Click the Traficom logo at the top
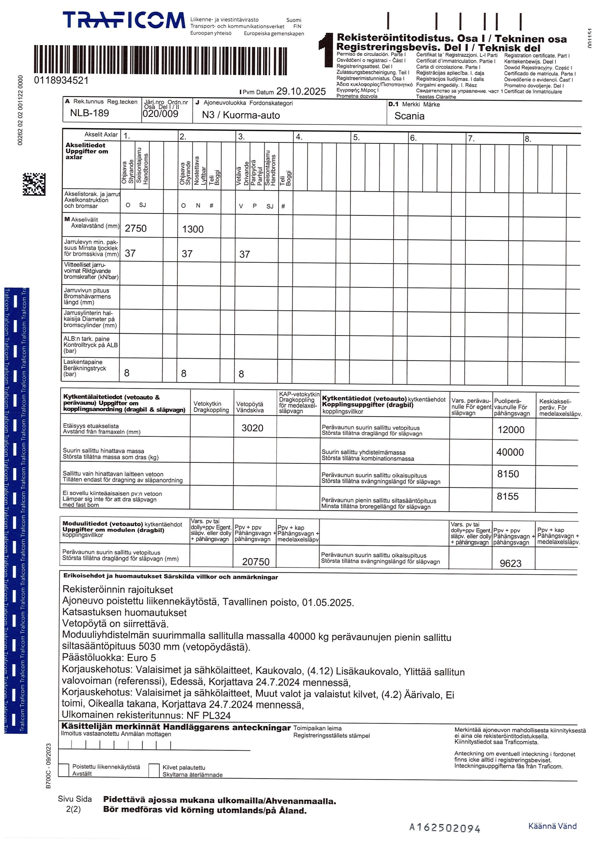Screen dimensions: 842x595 coord(124,20)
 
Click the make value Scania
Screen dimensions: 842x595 coord(409,116)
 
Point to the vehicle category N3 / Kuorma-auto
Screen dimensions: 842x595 coord(241,115)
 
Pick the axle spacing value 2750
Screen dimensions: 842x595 coord(136,229)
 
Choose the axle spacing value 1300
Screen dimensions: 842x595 coord(193,229)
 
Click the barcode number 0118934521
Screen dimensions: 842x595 coord(61,80)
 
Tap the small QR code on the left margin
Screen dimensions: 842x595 coord(34,184)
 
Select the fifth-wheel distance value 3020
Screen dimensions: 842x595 coord(252,428)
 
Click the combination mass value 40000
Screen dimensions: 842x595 coord(510,452)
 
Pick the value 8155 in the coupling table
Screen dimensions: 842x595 coord(508,497)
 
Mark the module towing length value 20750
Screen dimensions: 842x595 coord(255,562)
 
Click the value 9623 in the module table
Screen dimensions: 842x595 coord(510,563)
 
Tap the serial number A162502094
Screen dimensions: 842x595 coord(444,828)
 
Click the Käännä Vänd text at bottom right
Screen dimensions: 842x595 coord(552,826)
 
